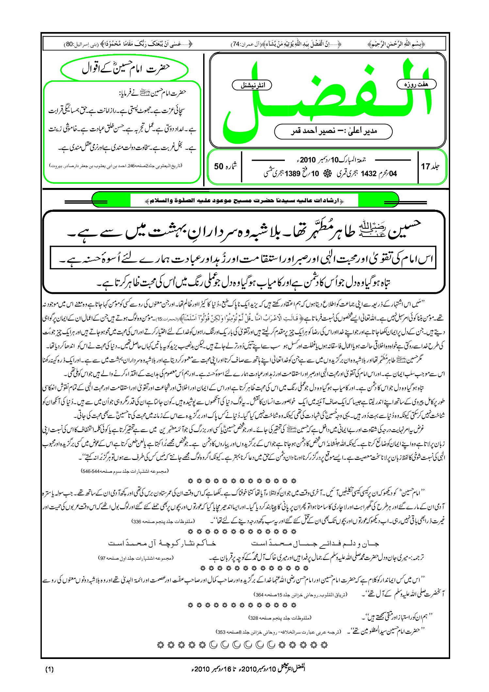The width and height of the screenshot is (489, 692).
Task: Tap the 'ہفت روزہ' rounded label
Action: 416,84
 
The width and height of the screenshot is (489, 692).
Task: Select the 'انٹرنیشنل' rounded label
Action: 252,85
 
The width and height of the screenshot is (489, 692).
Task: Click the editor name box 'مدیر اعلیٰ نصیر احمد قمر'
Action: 333,131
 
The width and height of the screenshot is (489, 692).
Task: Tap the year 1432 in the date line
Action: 368,174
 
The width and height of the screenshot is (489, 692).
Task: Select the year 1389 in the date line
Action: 292,174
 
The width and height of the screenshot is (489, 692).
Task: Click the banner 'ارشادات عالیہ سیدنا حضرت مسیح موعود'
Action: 245,200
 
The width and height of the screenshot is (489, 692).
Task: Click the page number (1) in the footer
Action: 49,669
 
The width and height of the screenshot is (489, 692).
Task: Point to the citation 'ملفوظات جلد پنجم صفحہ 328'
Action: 280,618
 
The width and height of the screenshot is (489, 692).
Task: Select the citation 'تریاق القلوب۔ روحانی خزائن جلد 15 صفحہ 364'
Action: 300,595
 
